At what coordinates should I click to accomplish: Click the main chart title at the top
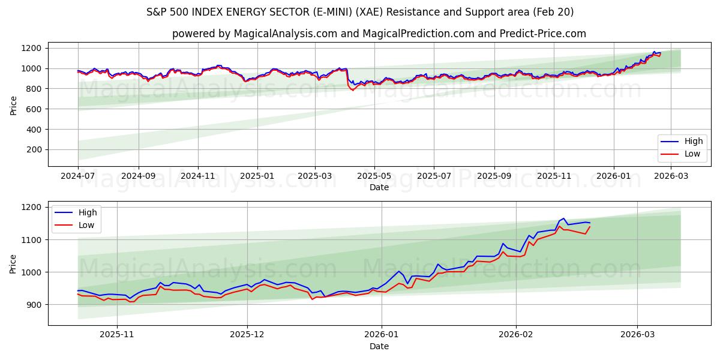360,12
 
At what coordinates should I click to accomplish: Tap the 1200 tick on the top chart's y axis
31,48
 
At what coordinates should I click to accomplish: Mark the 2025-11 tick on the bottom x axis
116,334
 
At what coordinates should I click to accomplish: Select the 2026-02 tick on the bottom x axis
516,334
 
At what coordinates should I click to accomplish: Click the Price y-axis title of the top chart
13,105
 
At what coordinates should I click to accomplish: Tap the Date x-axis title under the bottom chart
379,346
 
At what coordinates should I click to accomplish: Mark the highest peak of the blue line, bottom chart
563,218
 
